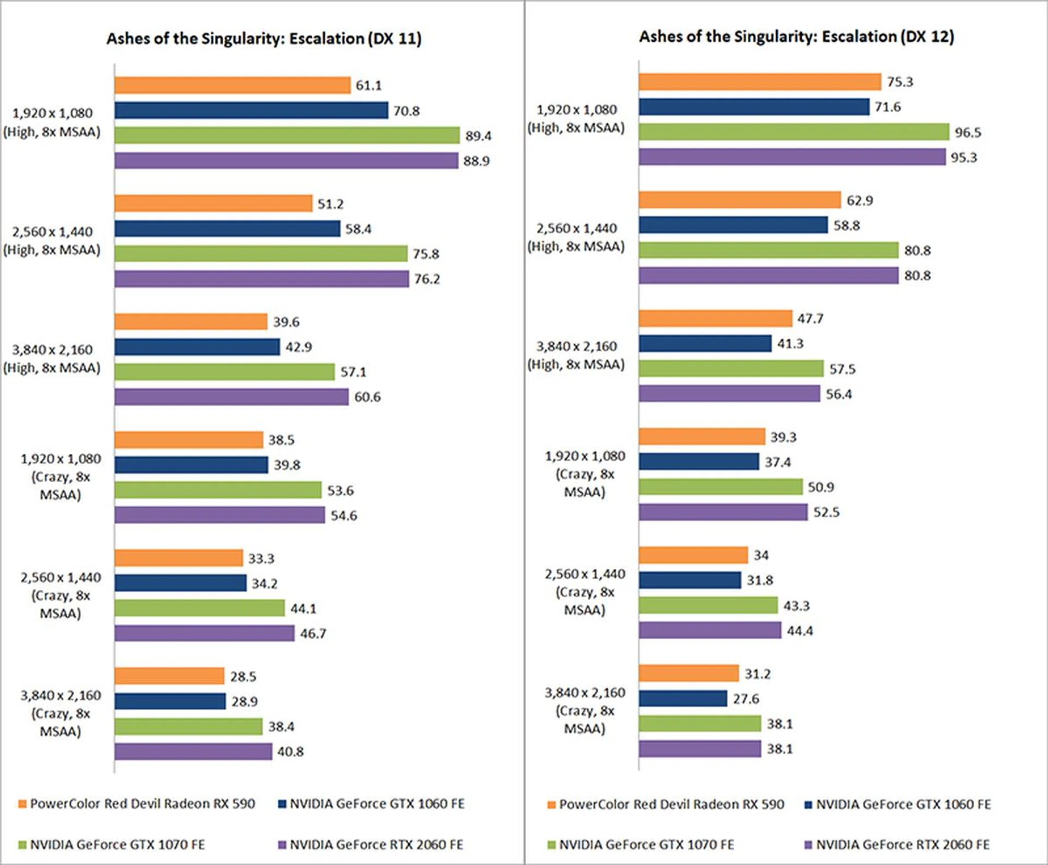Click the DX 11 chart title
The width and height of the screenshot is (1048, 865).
pos(264,39)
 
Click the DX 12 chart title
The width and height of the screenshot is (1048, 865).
pos(796,37)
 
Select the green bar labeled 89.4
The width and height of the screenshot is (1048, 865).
pos(287,135)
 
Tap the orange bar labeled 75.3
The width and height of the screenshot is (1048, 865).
pos(760,82)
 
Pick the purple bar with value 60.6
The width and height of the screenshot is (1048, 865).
pos(231,397)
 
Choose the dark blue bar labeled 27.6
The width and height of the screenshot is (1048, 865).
pos(683,699)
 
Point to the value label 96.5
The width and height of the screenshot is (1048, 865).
pos(968,133)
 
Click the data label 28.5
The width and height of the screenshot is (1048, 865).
pos(243,676)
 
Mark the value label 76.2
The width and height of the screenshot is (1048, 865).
pos(427,279)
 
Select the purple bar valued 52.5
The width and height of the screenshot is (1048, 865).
pos(723,512)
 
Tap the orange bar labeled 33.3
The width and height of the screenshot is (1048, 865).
pos(178,558)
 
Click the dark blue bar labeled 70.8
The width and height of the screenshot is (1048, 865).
pos(251,111)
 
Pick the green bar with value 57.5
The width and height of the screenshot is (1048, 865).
pos(731,369)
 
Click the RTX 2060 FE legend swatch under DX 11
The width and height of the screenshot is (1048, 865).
pos(282,845)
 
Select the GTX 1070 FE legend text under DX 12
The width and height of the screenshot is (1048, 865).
pos(646,845)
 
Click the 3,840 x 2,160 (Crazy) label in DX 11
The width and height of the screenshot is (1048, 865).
pos(61,713)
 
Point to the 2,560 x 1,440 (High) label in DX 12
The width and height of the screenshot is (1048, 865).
pos(576,237)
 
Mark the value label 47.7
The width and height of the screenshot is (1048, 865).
pos(810,319)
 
